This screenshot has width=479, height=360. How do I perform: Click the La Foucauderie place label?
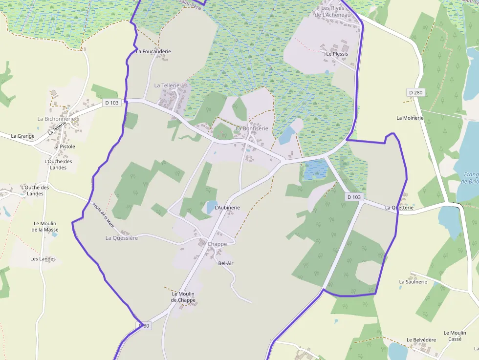pyautogui.click(x=153, y=51)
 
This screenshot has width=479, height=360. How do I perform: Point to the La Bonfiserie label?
pyautogui.click(x=252, y=128)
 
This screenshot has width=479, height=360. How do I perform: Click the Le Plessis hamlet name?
pyautogui.click(x=337, y=54)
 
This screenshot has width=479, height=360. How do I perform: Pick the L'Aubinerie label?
pyautogui.click(x=227, y=208)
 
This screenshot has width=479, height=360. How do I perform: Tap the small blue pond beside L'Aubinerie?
pyautogui.click(x=211, y=207)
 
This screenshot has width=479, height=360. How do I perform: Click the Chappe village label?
pyautogui.click(x=217, y=244)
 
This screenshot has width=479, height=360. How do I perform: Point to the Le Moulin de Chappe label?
pyautogui.click(x=183, y=297)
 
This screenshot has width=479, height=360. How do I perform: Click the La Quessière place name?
pyautogui.click(x=122, y=238)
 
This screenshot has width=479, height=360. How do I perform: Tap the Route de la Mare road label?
pyautogui.click(x=103, y=216)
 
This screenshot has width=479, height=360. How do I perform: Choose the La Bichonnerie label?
pyautogui.click(x=56, y=119)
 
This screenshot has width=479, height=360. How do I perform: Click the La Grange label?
pyautogui.click(x=22, y=136)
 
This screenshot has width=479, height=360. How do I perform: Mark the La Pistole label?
pyautogui.click(x=64, y=147)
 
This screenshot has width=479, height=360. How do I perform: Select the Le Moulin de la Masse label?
pyautogui.click(x=45, y=227)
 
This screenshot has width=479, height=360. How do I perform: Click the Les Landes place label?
pyautogui.click(x=43, y=259)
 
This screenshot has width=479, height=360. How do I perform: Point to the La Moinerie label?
pyautogui.click(x=410, y=118)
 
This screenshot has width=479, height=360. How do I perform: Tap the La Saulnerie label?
pyautogui.click(x=413, y=282)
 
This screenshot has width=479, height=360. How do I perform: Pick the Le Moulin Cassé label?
pyautogui.click(x=455, y=336)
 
